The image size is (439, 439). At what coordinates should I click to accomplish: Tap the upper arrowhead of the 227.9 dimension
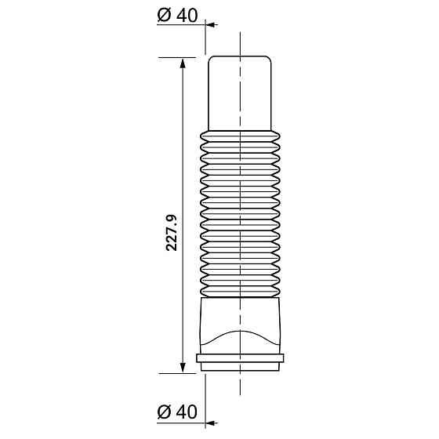[x=183, y=63]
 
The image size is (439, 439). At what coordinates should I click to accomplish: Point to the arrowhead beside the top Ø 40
[x=212, y=25]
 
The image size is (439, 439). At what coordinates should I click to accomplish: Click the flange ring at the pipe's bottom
[x=240, y=363]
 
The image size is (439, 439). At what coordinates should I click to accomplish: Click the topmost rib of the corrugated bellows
[x=240, y=136]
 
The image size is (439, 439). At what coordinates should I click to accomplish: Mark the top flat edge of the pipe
[x=240, y=56]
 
